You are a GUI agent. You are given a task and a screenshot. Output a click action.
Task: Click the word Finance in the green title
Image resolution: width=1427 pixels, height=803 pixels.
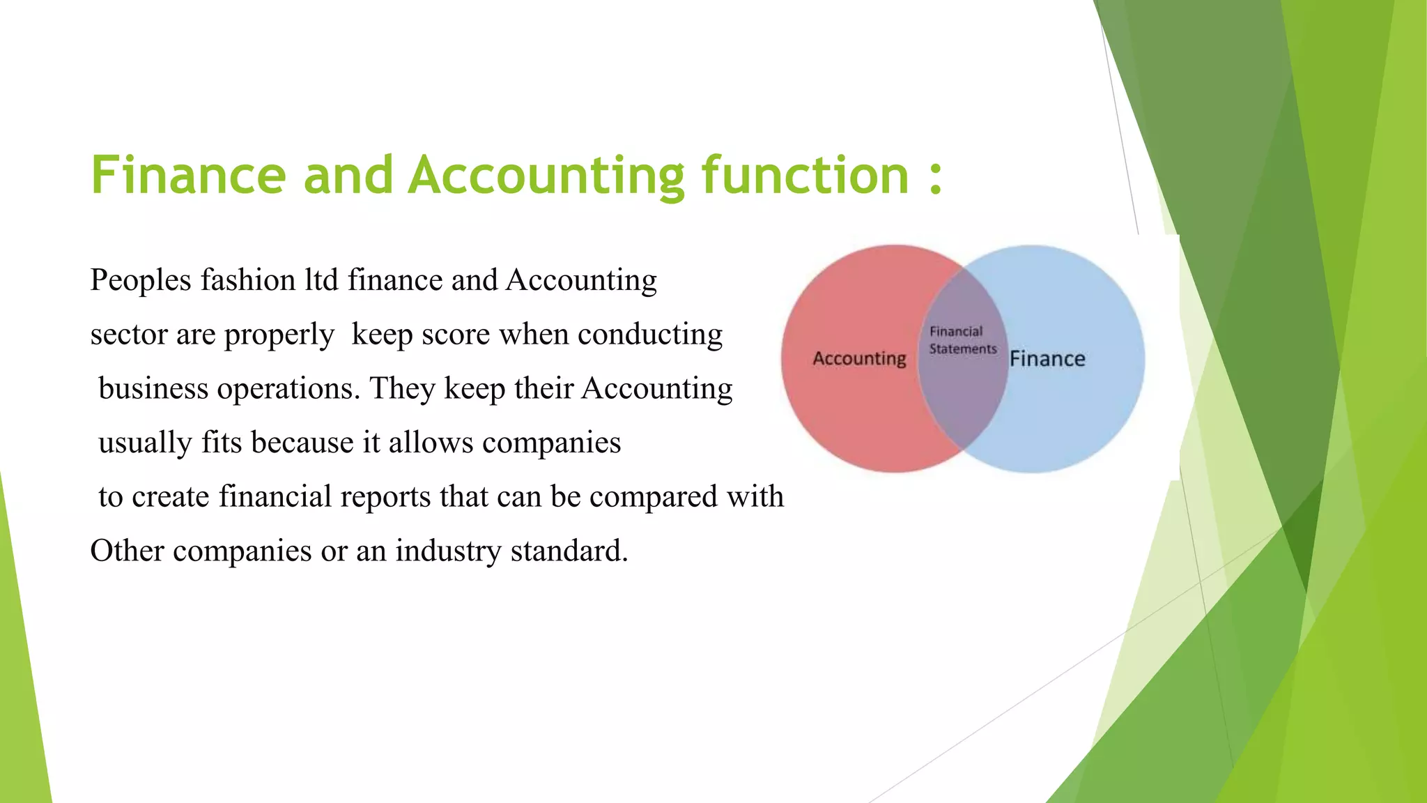188,175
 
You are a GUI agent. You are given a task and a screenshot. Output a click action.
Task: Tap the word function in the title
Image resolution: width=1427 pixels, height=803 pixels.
805,175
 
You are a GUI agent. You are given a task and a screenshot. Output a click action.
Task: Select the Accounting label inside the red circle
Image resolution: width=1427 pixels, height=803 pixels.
859,358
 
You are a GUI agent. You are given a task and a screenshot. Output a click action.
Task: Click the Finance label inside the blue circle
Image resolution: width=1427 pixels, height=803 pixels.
1047,358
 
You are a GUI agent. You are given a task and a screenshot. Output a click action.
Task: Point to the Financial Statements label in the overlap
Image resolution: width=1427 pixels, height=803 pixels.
962,340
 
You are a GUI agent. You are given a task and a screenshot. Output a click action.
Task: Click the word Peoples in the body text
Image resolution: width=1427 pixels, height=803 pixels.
141,280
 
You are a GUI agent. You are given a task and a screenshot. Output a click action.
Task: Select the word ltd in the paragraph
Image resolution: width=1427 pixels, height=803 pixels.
321,280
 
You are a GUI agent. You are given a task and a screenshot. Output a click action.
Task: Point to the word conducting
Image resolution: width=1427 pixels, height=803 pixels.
650,335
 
